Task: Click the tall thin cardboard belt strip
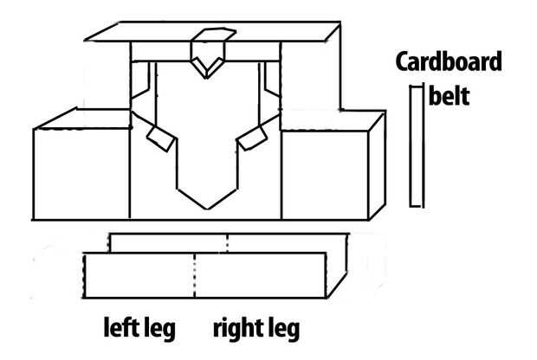[x=417, y=145]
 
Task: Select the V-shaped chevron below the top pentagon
[x=206, y=66]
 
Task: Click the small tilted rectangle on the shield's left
[x=159, y=137]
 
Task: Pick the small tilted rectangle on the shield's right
[x=252, y=137]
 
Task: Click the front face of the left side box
[x=81, y=173]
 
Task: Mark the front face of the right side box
[x=326, y=173]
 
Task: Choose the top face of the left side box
[x=82, y=119]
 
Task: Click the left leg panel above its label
[x=140, y=275]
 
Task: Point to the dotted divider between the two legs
[x=197, y=275]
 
